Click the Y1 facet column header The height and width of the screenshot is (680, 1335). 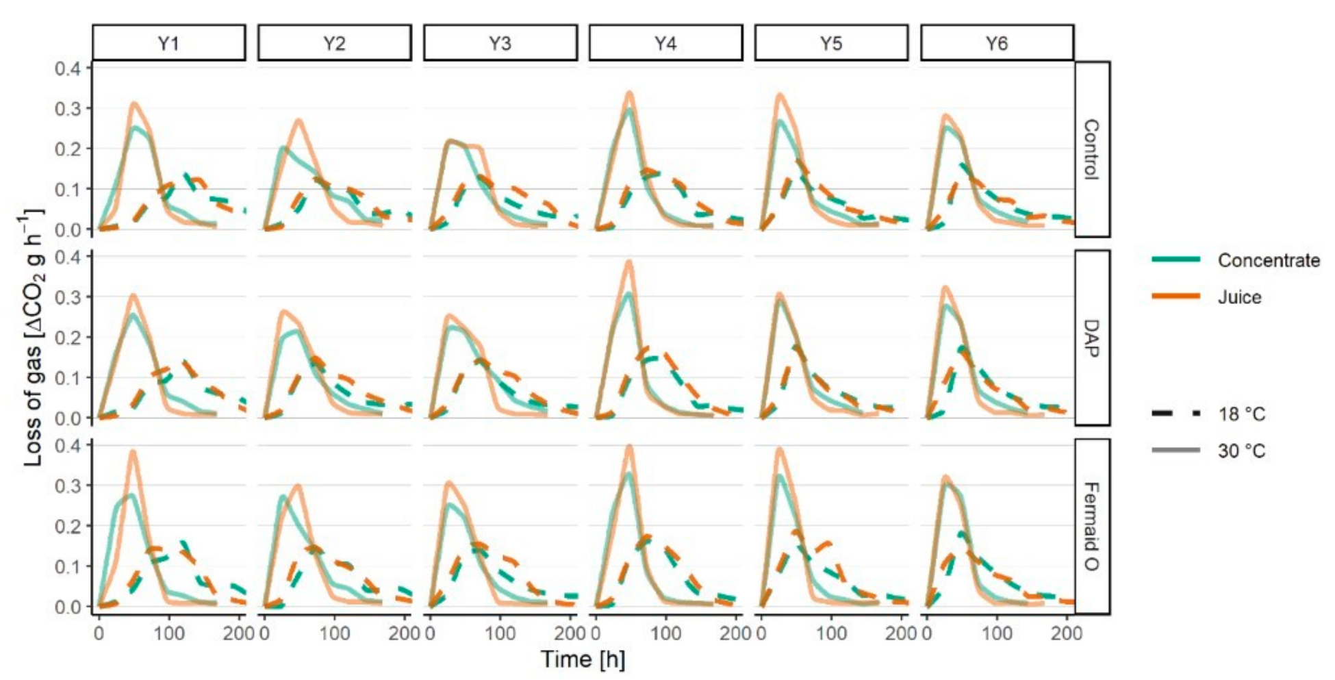pos(168,43)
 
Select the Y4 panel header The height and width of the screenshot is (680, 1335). pos(665,43)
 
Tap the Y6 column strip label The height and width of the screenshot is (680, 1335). pos(997,43)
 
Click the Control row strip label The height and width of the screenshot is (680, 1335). pos(1092,149)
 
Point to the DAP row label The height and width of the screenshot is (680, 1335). pos(1092,338)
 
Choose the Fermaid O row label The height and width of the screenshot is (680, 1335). pos(1092,526)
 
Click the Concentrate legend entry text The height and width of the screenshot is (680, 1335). pos(1268,260)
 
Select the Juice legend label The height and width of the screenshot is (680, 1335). pos(1239,297)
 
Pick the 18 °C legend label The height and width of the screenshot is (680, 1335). pos(1241,414)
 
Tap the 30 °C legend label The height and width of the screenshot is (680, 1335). pos(1241,451)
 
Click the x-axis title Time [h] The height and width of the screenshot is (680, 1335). pos(583,659)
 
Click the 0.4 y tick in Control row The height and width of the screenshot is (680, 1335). pos(67,68)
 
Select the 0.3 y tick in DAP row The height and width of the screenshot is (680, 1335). pos(67,297)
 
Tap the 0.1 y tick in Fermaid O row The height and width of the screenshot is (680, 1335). pos(67,566)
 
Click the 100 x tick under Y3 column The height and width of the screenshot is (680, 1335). pos(500,633)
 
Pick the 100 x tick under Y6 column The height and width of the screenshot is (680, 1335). pos(997,633)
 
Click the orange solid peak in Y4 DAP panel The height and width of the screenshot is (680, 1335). pos(629,262)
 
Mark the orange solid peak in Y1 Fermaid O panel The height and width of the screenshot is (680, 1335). pos(133,451)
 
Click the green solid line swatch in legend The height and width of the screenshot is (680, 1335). pos(1175,260)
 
